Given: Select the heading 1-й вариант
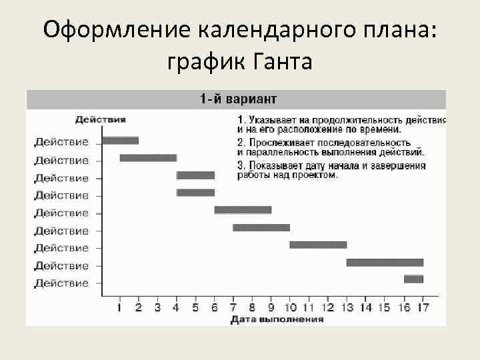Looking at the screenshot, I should (237, 99).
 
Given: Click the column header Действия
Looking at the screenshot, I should (100, 119).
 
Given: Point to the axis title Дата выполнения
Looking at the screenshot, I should (277, 319).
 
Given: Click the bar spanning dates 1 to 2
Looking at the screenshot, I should (120, 140).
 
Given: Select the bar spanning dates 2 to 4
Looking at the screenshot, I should (148, 158).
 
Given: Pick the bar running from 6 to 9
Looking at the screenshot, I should (243, 210).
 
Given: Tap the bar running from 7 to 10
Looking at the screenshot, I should (261, 227).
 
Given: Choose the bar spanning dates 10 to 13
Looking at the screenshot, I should (318, 245).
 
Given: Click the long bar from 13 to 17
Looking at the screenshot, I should (385, 263).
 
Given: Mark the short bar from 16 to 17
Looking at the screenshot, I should (413, 279).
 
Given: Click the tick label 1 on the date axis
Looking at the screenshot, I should (119, 307).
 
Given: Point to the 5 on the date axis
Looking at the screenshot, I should (195, 307).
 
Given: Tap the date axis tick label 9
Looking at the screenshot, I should (271, 307).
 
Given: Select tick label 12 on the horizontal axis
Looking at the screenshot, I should (327, 307).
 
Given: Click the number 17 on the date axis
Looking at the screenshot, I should (422, 307).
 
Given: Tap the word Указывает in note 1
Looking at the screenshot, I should (272, 120).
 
